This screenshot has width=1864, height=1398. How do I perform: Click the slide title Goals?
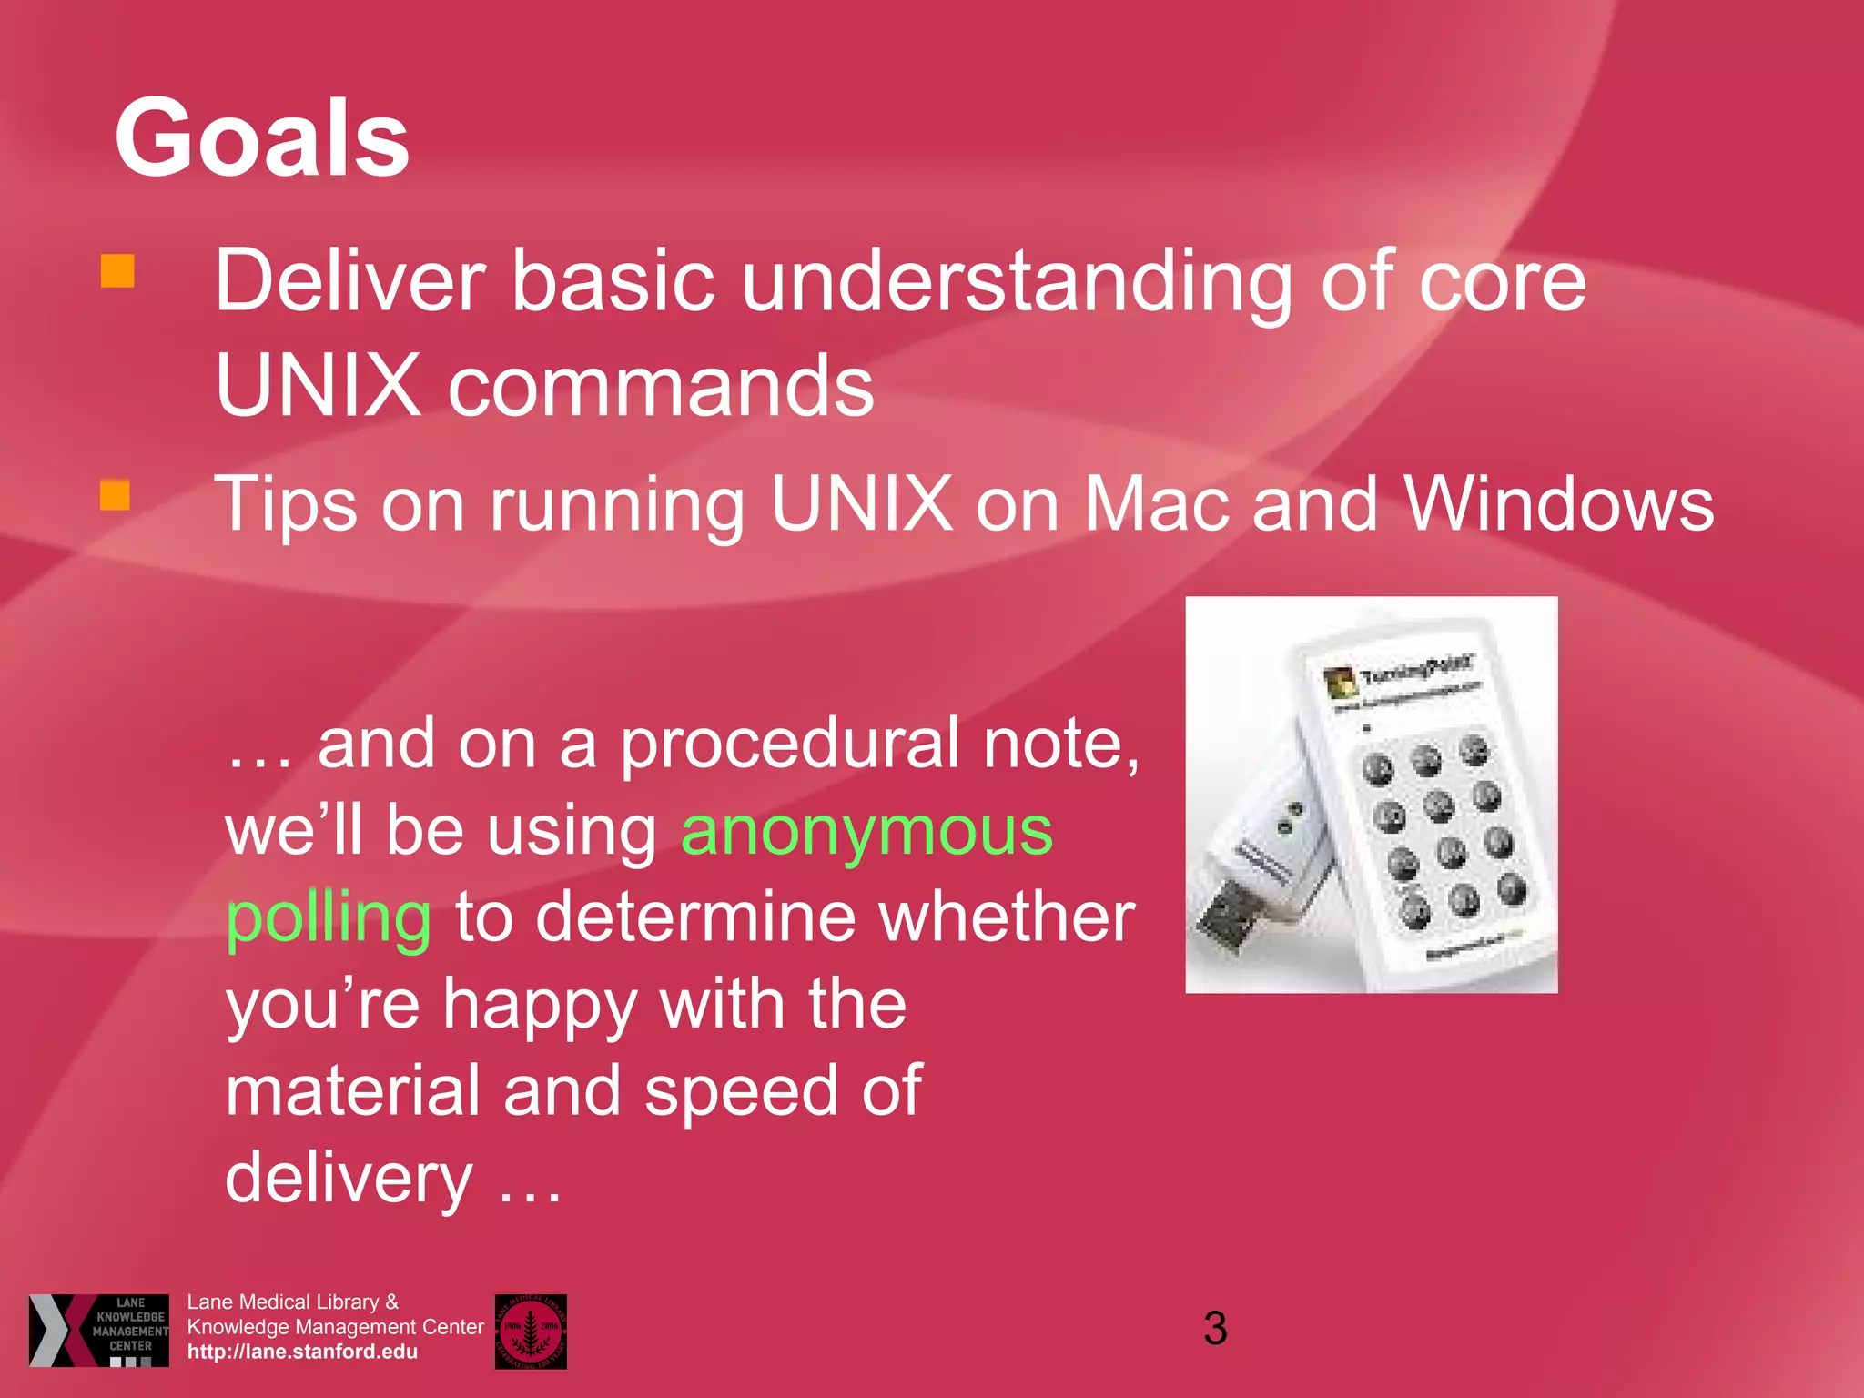click(262, 138)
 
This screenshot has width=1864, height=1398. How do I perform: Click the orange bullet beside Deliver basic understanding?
click(117, 271)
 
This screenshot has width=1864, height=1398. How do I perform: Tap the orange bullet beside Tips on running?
click(115, 495)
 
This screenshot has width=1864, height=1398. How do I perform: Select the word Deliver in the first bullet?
click(349, 282)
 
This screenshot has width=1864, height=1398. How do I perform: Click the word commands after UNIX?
click(661, 387)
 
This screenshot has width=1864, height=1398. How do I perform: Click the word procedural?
click(790, 745)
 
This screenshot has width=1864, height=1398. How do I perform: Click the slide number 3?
click(1215, 1328)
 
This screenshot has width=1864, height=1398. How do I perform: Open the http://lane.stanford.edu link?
click(302, 1352)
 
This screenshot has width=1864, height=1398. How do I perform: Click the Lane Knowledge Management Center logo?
click(98, 1330)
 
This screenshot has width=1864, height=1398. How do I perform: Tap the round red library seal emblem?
click(531, 1331)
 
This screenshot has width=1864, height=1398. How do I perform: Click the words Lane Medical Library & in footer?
click(293, 1302)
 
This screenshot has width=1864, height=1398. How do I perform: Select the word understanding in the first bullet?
click(1018, 282)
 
